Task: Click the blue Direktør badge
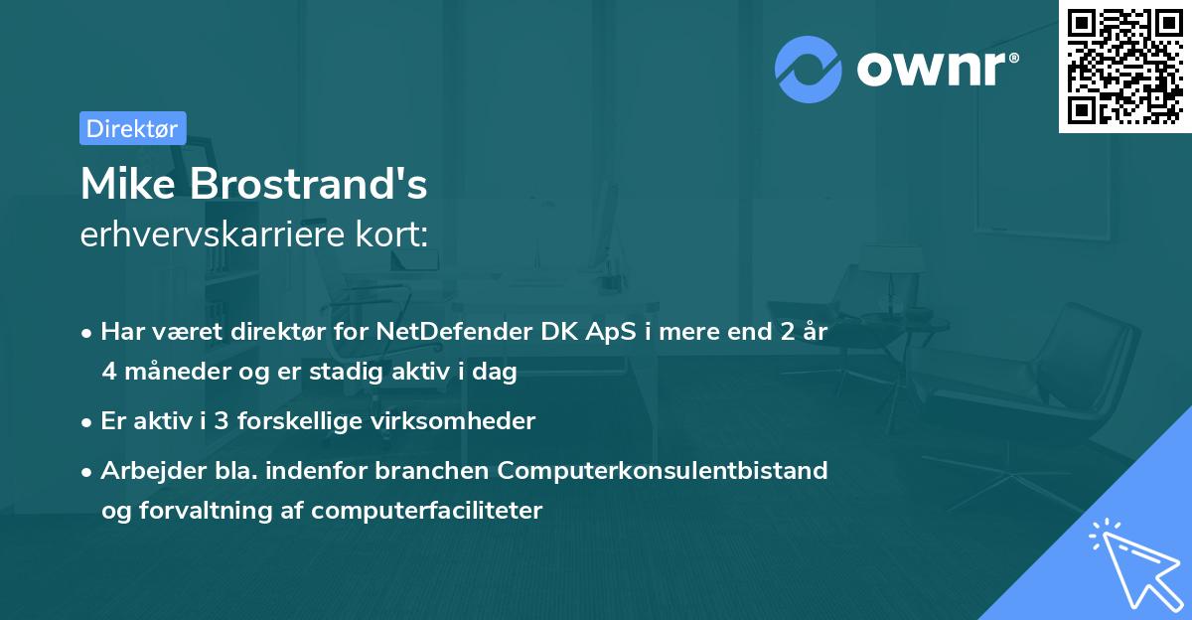(133, 128)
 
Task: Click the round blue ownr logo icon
(809, 70)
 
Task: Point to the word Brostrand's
(315, 184)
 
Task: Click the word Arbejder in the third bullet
(146, 470)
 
